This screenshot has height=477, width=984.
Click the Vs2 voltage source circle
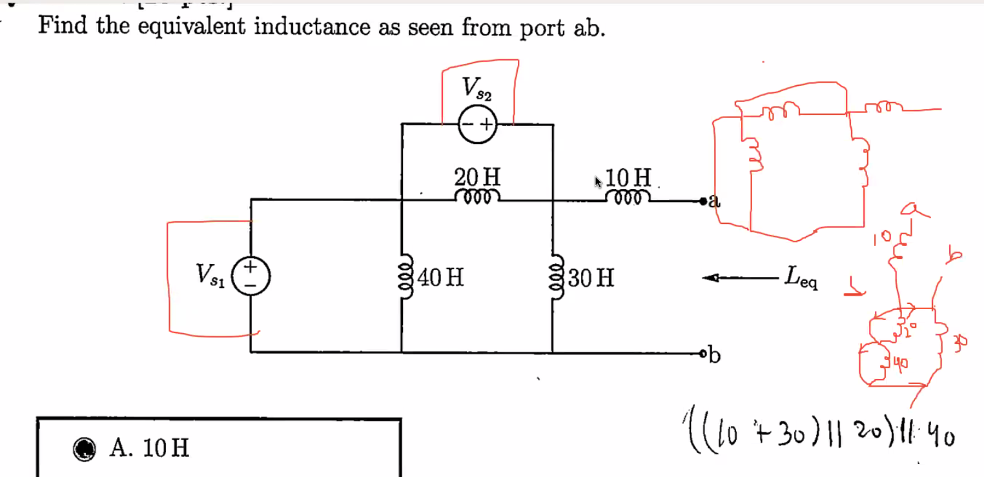click(x=477, y=123)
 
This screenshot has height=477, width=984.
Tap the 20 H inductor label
click(x=477, y=176)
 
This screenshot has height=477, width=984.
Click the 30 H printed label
click(x=592, y=279)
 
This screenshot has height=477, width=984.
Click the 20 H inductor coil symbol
click(x=477, y=196)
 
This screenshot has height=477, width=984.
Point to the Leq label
click(x=801, y=278)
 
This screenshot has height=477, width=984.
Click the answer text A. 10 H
click(x=150, y=447)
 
